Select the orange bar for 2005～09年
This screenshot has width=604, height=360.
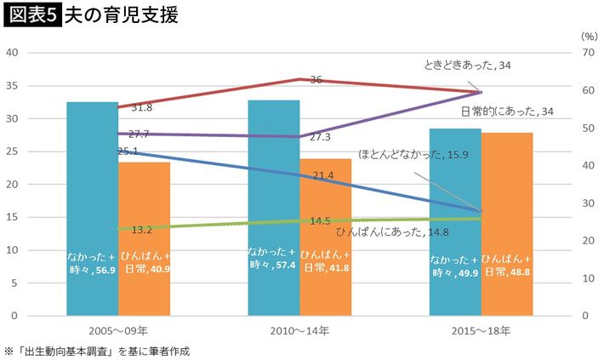pos(144,238)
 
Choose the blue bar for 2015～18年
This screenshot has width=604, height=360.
pos(454,221)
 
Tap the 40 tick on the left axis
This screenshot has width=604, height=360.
pos(13,53)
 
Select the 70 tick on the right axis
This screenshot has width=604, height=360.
pos(586,53)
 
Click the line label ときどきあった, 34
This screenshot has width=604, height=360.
pos(466,66)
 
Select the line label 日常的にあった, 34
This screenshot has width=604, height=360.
pos(506,111)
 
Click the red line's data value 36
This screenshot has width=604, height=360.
pos(316,79)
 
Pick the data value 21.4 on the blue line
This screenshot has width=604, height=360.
pos(322,175)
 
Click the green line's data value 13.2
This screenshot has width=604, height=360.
pos(141,230)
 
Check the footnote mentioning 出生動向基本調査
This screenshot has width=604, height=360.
pos(97,351)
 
